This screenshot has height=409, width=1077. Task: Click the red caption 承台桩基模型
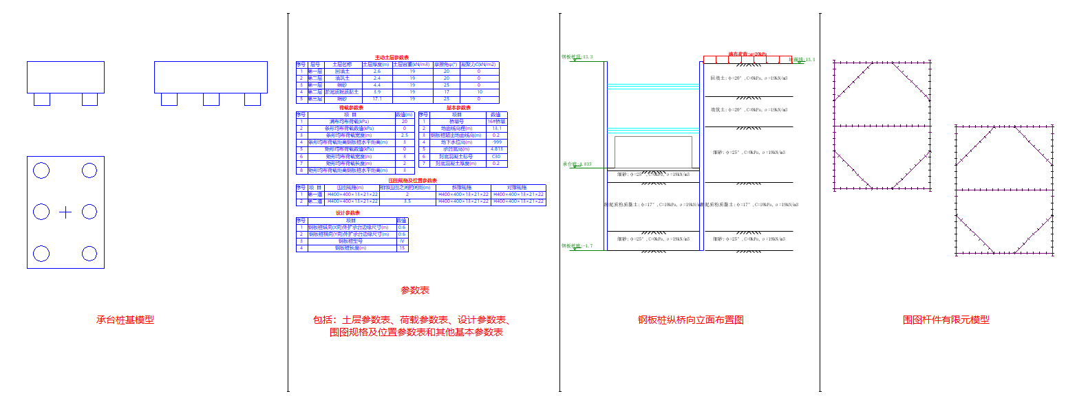(125, 320)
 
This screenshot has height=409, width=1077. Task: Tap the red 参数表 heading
(415, 290)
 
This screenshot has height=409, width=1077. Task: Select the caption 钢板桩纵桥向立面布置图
(690, 320)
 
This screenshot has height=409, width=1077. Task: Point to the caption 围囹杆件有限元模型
(946, 320)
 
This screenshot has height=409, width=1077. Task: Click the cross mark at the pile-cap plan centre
(65, 212)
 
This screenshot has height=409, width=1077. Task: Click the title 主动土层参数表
(392, 58)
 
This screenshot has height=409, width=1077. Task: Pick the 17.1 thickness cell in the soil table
(376, 99)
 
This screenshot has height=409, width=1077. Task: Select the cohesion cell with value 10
(479, 92)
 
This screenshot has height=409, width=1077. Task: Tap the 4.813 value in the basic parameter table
(496, 149)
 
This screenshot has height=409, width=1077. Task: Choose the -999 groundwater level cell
(496, 142)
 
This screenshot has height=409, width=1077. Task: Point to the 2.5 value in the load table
(405, 135)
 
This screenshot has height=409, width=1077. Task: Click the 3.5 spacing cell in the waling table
(407, 201)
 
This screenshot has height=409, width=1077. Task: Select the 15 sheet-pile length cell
(402, 248)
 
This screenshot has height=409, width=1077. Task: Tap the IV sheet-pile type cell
(402, 241)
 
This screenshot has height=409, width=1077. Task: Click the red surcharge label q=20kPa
(747, 54)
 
